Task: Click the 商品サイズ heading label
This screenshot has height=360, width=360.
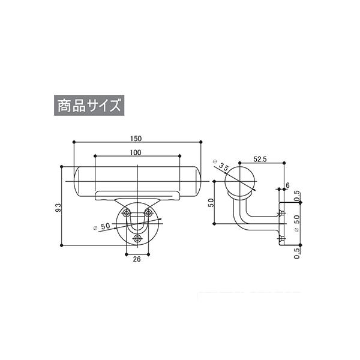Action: (89, 106)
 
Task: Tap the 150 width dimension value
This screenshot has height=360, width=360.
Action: (136, 139)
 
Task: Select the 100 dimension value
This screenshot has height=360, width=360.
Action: (136, 152)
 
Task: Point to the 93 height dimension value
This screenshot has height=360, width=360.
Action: (59, 208)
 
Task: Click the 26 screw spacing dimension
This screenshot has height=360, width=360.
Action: (137, 259)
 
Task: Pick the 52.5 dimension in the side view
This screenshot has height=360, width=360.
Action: (260, 159)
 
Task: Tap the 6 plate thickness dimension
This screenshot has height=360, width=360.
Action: (287, 185)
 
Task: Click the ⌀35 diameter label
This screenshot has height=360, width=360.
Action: (221, 165)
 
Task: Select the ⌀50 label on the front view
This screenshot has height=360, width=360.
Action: (102, 227)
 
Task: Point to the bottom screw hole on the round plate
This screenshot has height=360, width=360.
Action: (137, 239)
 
